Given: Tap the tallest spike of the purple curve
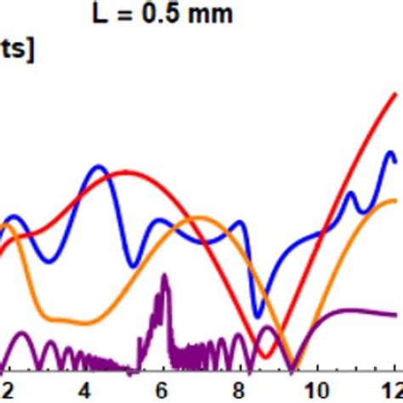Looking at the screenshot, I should pos(164,275).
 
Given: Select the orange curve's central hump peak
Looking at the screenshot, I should pos(197,218).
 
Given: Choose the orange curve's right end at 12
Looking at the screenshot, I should pos(394,200).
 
